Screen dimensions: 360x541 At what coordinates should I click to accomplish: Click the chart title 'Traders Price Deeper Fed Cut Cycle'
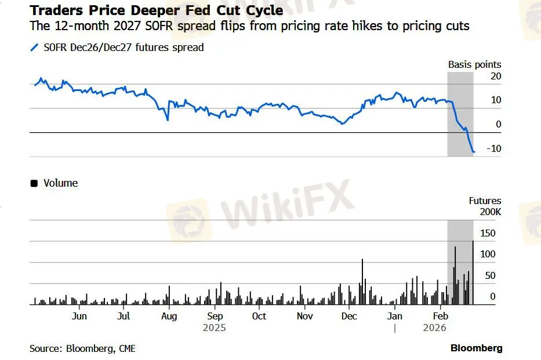[x=157, y=10]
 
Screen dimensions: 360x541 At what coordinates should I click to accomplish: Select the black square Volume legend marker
[x=34, y=183]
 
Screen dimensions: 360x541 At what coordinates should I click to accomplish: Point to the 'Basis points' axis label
[x=474, y=64]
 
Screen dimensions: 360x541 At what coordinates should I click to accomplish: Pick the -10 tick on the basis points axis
[x=493, y=148]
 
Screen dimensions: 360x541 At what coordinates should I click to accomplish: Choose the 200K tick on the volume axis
[x=489, y=212]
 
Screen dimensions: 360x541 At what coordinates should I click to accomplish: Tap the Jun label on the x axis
[x=79, y=316]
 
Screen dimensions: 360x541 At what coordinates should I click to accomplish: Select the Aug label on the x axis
[x=169, y=316]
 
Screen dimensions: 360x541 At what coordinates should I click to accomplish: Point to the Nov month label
[x=304, y=316]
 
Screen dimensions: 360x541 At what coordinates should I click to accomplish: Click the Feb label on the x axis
[x=441, y=316]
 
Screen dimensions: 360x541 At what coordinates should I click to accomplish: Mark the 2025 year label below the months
[x=215, y=328]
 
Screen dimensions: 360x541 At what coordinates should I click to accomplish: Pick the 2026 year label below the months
[x=434, y=328]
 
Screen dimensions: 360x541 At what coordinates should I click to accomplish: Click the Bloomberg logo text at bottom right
[x=476, y=348]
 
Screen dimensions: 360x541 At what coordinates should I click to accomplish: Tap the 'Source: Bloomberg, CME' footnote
[x=82, y=348]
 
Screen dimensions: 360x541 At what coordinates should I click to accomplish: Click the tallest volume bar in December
[x=362, y=281]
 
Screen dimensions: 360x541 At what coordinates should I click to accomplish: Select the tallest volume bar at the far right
[x=473, y=272]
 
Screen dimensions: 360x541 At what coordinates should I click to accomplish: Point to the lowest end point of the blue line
[x=474, y=152]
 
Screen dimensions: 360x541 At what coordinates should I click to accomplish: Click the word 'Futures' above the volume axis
[x=485, y=201]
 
